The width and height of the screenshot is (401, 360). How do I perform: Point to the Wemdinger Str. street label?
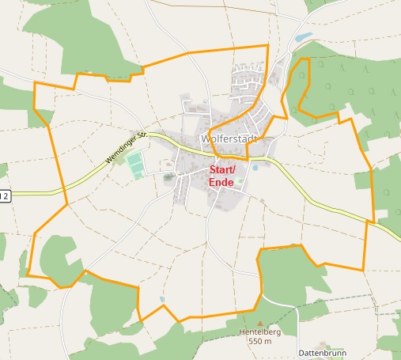(x=127, y=148)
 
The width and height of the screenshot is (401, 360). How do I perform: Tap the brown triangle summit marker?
(x=256, y=323)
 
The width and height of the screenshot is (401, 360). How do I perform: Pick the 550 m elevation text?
(x=259, y=342)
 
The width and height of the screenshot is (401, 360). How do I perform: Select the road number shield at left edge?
(x=4, y=195)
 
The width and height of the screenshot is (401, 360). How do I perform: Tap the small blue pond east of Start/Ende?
(x=255, y=168)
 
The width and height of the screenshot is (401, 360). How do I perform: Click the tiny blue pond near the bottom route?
(x=161, y=300)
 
